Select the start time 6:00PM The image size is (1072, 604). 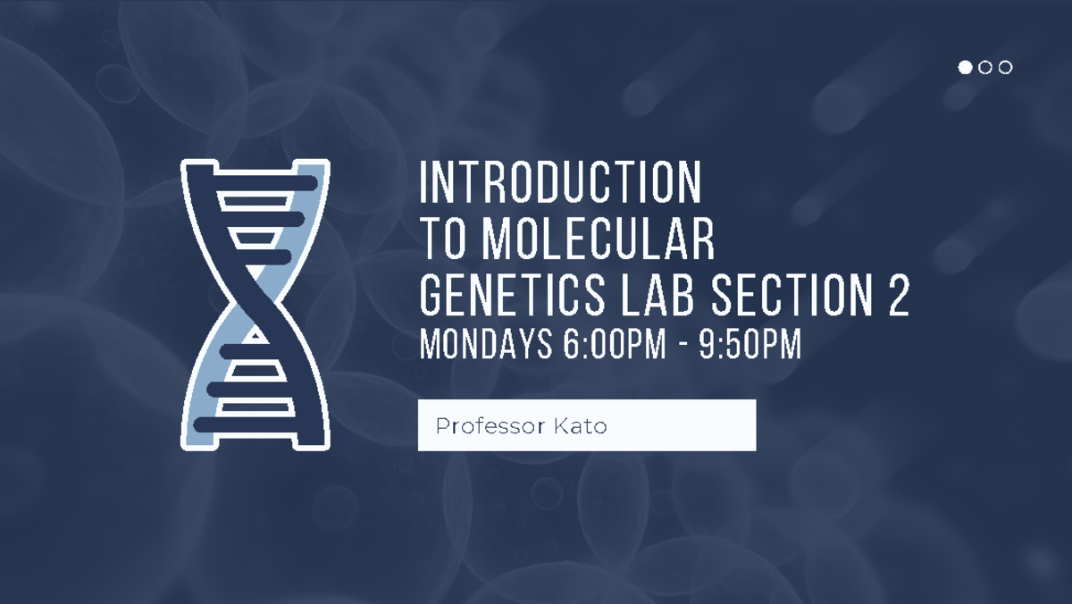pos(615,345)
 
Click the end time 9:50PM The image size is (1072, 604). pos(750,345)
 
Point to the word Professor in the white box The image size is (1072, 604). pos(480,426)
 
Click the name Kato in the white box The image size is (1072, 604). pos(580,426)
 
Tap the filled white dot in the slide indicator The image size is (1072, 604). pos(965,67)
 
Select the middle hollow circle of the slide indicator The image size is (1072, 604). pos(985,67)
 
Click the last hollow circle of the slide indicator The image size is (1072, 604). pos(1006,67)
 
